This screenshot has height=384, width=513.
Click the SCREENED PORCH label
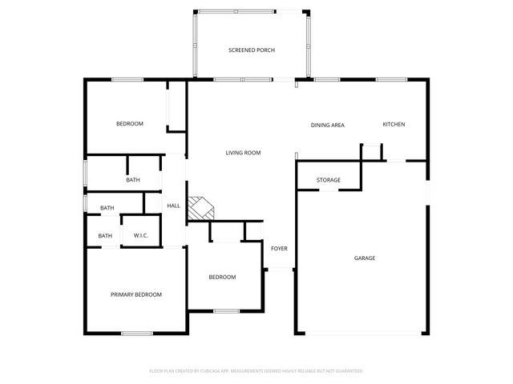tap(252, 50)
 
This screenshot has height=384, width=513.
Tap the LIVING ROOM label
tap(243, 153)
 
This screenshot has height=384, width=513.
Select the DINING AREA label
tap(328, 125)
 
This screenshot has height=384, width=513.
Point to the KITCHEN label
tap(394, 124)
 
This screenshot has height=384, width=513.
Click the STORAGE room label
tap(329, 180)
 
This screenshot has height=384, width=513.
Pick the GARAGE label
tap(365, 258)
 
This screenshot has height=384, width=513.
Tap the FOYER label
tap(279, 249)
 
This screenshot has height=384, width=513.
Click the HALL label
tap(173, 206)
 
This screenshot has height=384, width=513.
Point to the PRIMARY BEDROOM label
tap(136, 294)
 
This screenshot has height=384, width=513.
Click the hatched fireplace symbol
tap(201, 209)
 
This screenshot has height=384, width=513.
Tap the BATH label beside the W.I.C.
tap(105, 235)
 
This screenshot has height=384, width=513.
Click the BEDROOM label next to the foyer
tap(222, 277)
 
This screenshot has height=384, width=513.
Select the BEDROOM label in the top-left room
tap(130, 123)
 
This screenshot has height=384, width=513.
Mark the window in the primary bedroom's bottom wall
tap(137, 333)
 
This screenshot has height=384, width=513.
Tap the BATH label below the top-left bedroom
tap(133, 180)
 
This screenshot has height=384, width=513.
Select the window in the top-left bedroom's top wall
tap(127, 78)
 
